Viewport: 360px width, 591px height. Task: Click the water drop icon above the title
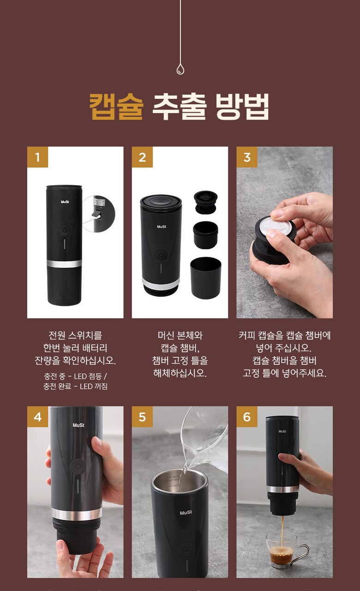(x=180, y=69)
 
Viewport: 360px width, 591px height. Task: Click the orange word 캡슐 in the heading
(x=116, y=107)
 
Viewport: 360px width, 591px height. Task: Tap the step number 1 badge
(x=37, y=157)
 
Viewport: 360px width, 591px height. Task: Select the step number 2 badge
(x=142, y=157)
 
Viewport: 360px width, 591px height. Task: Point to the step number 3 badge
(x=247, y=157)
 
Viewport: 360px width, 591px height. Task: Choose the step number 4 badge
(x=37, y=416)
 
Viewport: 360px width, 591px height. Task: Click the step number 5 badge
(x=142, y=416)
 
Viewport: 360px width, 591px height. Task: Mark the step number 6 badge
(x=247, y=416)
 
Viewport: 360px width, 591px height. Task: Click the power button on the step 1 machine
(x=64, y=230)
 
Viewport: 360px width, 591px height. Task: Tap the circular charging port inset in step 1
(x=99, y=214)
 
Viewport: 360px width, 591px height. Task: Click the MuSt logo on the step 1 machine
(x=65, y=202)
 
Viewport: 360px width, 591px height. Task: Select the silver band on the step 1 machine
(x=64, y=264)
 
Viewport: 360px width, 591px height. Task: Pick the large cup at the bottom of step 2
(x=206, y=278)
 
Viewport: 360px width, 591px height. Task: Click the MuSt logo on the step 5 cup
(x=186, y=513)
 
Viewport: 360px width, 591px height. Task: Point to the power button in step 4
(x=78, y=466)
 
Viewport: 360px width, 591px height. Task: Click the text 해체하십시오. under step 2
(x=180, y=374)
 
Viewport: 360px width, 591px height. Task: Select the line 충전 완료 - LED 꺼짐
(x=75, y=386)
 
